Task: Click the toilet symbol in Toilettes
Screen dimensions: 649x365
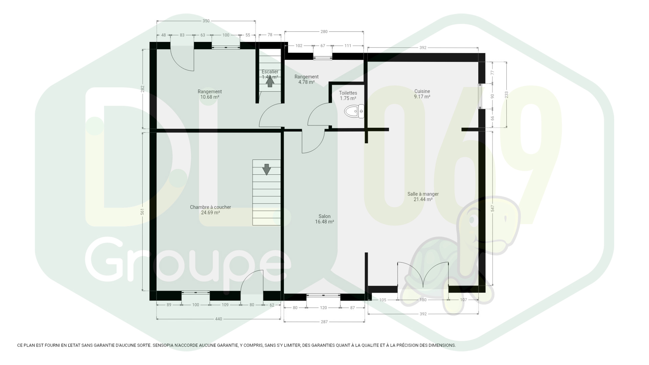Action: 354,111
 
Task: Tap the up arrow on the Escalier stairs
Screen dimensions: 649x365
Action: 270,82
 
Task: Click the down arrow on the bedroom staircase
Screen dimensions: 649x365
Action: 266,170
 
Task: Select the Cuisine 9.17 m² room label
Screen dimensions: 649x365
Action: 422,94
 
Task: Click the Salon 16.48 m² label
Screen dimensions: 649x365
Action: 324,219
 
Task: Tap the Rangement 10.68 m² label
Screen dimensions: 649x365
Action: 210,94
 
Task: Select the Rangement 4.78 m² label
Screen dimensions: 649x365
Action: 307,79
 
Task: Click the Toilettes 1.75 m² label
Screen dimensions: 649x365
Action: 348,96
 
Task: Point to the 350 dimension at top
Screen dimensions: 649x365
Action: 206,21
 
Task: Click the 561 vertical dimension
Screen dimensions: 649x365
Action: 142,212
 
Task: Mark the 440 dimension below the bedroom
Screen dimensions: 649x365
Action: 219,319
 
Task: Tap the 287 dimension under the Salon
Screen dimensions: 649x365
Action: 324,322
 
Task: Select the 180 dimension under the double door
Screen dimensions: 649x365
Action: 423,300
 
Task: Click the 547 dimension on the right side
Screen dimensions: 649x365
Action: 492,208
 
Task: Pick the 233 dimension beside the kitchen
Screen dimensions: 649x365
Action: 507,95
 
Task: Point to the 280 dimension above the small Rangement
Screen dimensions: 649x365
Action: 324,31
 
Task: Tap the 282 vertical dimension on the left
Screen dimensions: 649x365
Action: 142,89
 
